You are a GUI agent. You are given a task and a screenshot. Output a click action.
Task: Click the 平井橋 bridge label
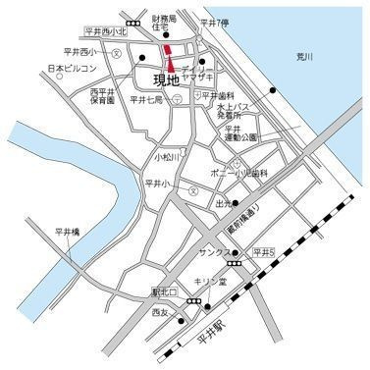pyautogui.click(x=67, y=233)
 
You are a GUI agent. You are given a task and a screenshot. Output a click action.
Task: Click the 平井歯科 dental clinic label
pyautogui.click(x=219, y=95)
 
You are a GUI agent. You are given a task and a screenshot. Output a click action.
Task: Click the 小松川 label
pyautogui.click(x=169, y=156)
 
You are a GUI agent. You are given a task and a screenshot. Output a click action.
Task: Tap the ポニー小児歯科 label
pyautogui.click(x=239, y=173)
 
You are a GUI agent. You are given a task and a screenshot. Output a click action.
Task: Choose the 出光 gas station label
pyautogui.click(x=224, y=204)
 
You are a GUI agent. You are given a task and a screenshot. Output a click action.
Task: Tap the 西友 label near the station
pyautogui.click(x=161, y=313)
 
